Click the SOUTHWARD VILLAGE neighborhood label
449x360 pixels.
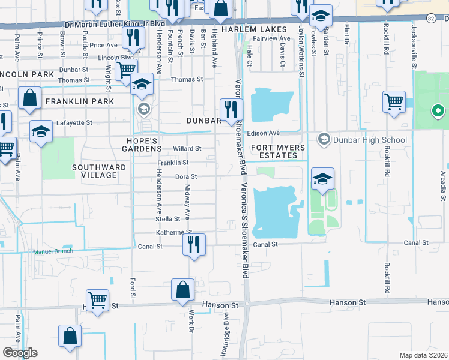[x=99, y=171]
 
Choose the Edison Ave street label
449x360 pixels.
[x=265, y=133]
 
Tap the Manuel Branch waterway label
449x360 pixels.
[x=53, y=251]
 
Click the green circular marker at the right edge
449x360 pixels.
[x=438, y=111]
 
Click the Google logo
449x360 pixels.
[x=20, y=353]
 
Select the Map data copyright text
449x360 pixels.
[x=423, y=355]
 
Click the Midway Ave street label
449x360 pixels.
[x=187, y=203]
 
